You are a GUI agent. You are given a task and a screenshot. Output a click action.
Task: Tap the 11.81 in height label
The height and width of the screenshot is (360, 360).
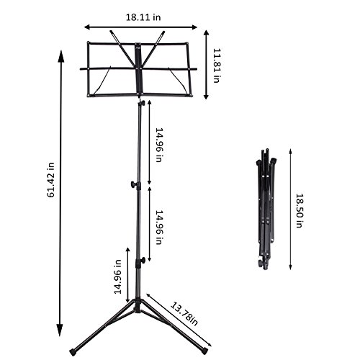[216, 64]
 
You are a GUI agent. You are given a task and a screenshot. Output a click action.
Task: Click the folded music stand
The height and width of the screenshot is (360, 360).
[266, 209]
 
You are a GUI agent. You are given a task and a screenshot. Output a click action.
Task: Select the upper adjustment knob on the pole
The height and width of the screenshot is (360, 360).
[134, 185]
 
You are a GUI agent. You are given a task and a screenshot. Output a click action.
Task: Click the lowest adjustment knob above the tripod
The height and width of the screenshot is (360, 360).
[143, 259]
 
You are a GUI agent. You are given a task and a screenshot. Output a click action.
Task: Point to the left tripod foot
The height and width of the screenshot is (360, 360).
[74, 352]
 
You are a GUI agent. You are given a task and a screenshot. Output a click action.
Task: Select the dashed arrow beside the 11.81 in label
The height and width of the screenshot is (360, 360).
[206, 65]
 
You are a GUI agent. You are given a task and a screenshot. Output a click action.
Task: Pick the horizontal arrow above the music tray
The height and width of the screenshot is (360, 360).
[140, 27]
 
